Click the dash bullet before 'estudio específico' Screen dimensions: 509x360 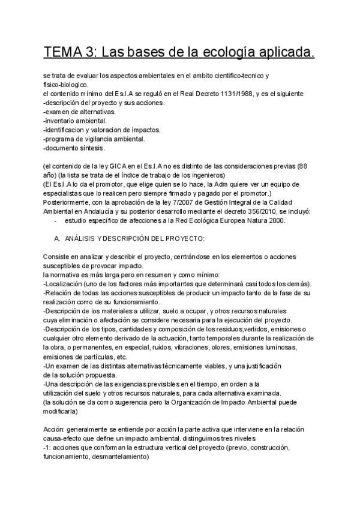pyautogui.click(x=55, y=220)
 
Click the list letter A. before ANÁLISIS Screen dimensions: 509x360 pyautogui.click(x=57, y=238)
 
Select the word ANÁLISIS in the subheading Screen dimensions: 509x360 pyautogui.click(x=83, y=238)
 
